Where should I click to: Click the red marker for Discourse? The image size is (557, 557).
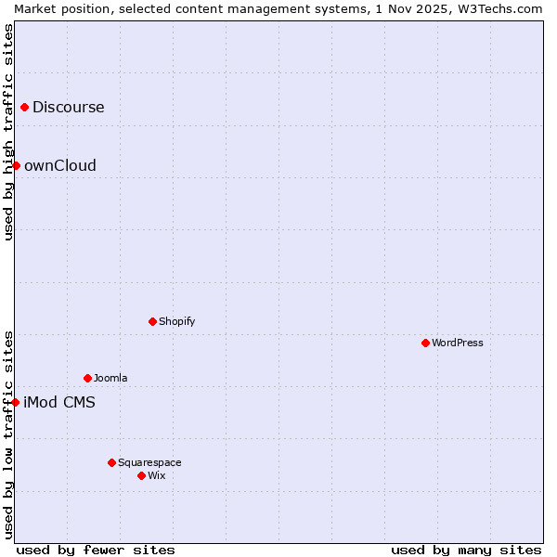tap(24, 107)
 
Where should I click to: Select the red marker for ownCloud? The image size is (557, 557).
tap(16, 165)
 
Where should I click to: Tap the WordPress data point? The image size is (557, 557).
tap(425, 343)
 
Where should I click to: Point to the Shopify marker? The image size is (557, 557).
tap(152, 321)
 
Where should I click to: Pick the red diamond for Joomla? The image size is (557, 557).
tap(87, 378)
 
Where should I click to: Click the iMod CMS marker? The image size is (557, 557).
tap(16, 402)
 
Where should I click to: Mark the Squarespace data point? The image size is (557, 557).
tap(111, 462)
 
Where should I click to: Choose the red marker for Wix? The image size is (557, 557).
tap(141, 475)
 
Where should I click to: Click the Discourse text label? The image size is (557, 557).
tap(68, 107)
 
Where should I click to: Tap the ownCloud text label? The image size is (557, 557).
tap(59, 165)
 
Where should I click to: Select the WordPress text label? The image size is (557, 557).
tap(457, 343)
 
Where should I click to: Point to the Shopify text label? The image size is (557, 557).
tap(176, 321)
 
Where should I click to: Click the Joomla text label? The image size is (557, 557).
tap(110, 378)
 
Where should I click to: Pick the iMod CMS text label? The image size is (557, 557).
tap(58, 402)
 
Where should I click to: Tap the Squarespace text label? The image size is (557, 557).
tap(149, 462)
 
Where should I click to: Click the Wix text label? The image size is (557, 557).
tap(156, 475)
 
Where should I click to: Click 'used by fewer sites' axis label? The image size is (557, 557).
tap(96, 550)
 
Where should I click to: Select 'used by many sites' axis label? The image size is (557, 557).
tap(466, 550)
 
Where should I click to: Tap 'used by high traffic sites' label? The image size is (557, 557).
tap(8, 133)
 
